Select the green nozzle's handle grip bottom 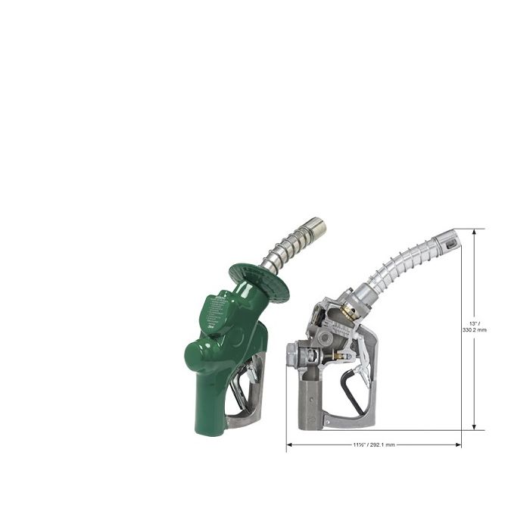click(209, 424)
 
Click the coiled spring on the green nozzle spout click(288, 246)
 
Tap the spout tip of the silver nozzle click(451, 242)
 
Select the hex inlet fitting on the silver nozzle click(291, 354)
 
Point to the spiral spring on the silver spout click(401, 261)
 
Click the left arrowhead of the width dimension click(289, 445)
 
